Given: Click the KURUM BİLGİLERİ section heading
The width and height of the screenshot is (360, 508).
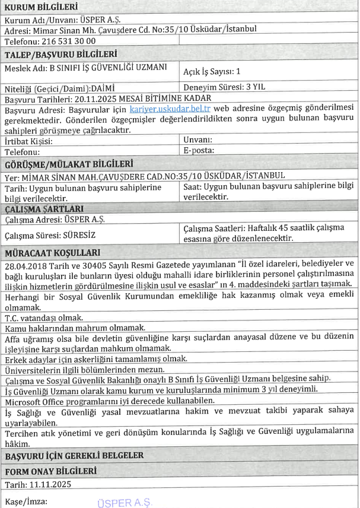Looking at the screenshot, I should [41, 7].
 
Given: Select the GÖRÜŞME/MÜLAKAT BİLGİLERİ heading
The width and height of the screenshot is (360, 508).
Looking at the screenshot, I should [68, 164].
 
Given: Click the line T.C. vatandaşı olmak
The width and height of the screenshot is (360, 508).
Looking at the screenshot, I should [42, 317].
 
